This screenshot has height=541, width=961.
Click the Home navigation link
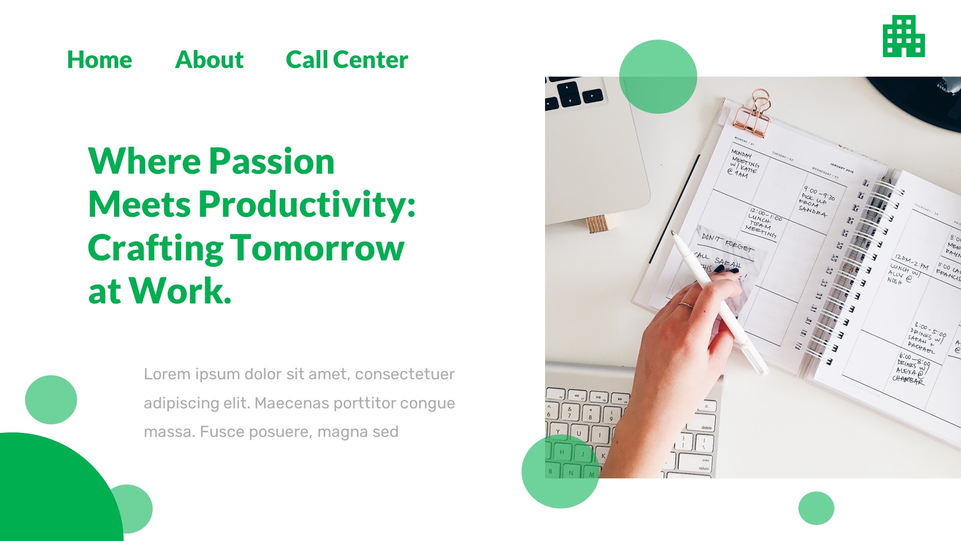[99, 60]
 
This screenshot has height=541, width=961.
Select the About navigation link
[209, 60]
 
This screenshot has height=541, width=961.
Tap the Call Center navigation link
[347, 60]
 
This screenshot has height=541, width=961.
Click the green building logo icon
[903, 36]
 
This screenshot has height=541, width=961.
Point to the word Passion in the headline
[272, 161]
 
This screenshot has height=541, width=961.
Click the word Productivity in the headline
[306, 204]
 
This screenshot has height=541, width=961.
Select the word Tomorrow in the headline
[317, 247]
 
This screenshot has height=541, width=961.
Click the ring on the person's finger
[685, 305]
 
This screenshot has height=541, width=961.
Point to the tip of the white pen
[673, 232]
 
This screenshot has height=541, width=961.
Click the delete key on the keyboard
[706, 427]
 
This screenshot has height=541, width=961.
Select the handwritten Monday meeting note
[744, 163]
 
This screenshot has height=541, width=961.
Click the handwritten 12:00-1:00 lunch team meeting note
[763, 222]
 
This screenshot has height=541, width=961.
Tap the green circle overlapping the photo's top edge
[658, 77]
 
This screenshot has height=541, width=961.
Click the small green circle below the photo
[816, 508]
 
